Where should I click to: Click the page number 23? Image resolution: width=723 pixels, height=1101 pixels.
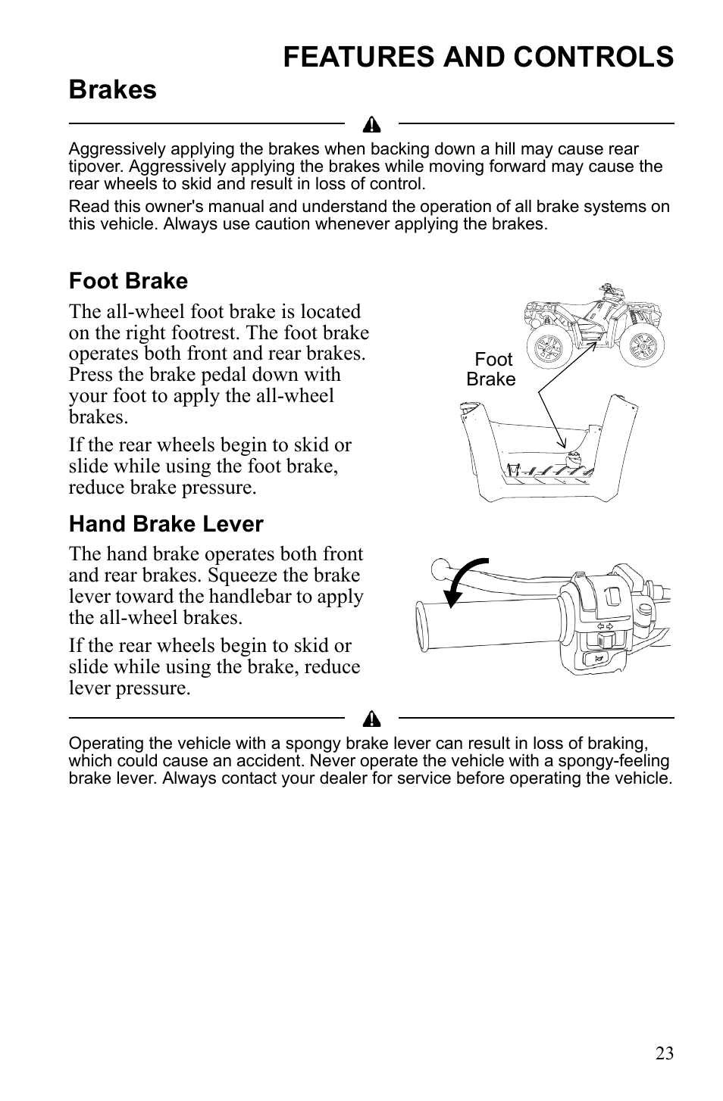pos(664,1053)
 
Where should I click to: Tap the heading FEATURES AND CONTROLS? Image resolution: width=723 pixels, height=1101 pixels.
pos(478,57)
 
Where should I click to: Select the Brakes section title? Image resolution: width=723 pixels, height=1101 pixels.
pos(112,89)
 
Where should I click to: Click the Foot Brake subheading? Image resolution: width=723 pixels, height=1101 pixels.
pos(128,281)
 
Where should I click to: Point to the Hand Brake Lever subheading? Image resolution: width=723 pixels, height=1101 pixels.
pos(166,524)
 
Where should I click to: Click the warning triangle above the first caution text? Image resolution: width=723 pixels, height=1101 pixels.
pos(371,124)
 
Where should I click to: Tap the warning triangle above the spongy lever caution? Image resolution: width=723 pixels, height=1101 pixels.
pos(371,718)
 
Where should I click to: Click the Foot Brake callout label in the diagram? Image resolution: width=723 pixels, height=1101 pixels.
pos(491,370)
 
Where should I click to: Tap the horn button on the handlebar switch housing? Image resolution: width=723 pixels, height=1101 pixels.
pos(599,659)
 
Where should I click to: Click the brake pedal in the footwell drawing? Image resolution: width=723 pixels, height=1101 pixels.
pos(571,457)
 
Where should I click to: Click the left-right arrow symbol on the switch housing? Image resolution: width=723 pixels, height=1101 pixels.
pos(605,626)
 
